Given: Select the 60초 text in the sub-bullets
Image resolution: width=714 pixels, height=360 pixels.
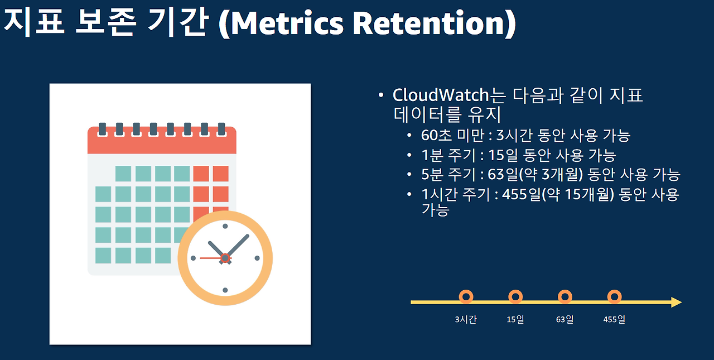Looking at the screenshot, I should pyautogui.click(x=436, y=135).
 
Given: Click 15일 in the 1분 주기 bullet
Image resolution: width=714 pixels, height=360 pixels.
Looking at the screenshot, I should pyautogui.click(x=505, y=155).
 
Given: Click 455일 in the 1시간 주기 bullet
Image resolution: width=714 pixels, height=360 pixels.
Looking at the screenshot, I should pyautogui.click(x=519, y=194).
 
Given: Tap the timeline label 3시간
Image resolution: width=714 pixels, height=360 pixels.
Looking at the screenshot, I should pyautogui.click(x=465, y=320).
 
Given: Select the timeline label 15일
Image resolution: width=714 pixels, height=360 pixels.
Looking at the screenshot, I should pyautogui.click(x=515, y=320).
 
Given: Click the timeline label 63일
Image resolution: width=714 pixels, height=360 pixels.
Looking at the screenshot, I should pyautogui.click(x=565, y=320).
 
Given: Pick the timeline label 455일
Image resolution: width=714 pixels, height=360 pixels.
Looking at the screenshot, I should pyautogui.click(x=614, y=320).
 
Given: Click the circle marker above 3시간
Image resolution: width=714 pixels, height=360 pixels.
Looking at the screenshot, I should pyautogui.click(x=466, y=296).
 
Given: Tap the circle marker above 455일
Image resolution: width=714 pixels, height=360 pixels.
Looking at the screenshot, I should pyautogui.click(x=614, y=296).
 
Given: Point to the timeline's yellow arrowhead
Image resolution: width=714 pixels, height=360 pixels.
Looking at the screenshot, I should pyautogui.click(x=676, y=302).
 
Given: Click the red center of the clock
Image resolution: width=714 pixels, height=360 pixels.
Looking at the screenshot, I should pyautogui.click(x=225, y=258).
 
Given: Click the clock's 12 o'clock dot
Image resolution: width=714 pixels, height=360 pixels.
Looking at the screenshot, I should pyautogui.click(x=225, y=226).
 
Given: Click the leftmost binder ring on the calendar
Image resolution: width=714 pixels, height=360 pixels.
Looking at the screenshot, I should pyautogui.click(x=102, y=129).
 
